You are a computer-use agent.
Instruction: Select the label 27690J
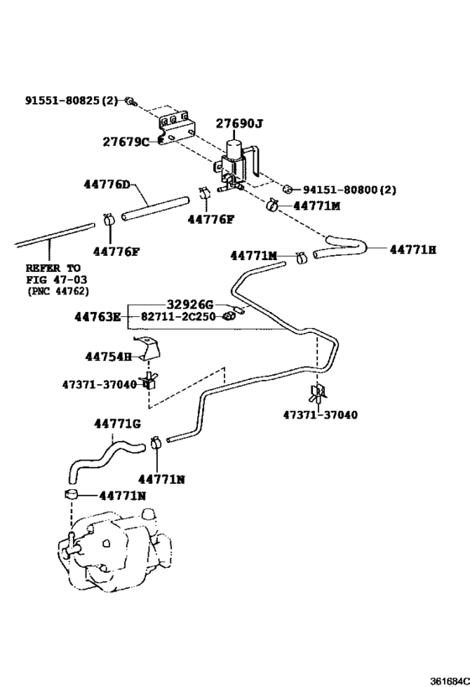[x=239, y=124]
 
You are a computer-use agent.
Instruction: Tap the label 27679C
[x=126, y=142]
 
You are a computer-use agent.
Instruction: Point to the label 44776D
[x=107, y=185]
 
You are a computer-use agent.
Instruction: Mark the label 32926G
[x=190, y=304]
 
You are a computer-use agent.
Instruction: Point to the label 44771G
[x=117, y=424]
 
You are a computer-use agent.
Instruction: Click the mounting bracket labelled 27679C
[x=175, y=125]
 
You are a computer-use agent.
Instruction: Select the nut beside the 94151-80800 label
[x=287, y=190]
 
